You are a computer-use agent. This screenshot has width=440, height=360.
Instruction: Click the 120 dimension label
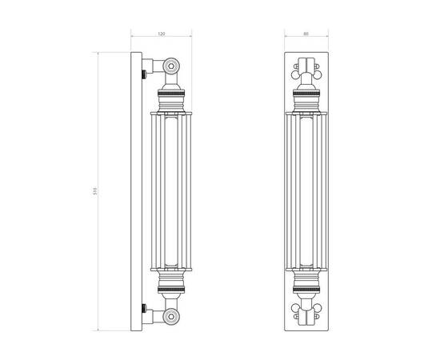click(x=161, y=34)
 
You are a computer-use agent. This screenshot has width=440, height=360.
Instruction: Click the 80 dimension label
click(x=306, y=34)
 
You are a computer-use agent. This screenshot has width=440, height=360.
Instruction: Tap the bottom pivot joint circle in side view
click(x=170, y=318)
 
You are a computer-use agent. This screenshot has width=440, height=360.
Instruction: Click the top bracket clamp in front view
click(x=306, y=66)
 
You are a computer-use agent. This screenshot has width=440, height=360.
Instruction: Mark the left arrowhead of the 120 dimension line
click(x=133, y=39)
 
